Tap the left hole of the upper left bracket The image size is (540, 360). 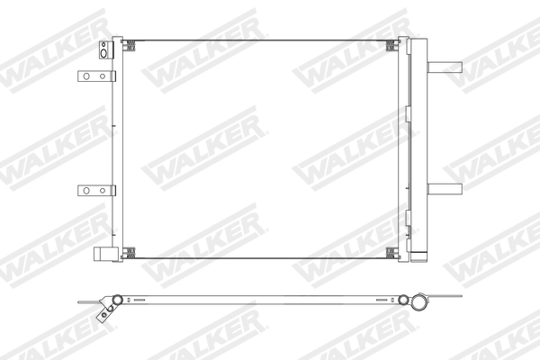pos(86,76)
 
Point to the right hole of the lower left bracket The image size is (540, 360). pos(100,190)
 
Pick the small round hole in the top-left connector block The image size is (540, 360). pos(103,45)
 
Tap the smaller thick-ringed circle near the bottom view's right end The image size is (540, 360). pos(404,299)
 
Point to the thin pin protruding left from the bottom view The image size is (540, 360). pos(88,299)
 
